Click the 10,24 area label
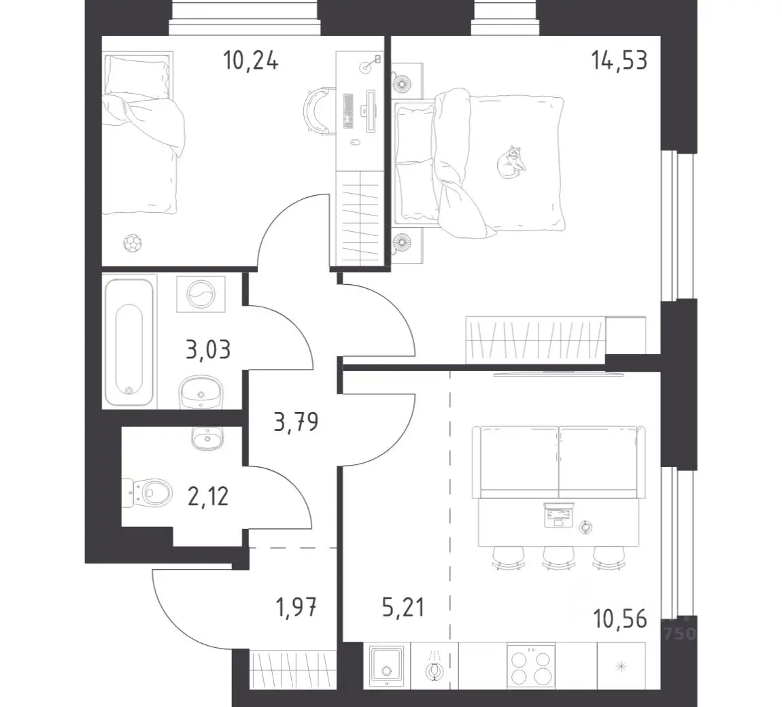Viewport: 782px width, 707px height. click(x=250, y=61)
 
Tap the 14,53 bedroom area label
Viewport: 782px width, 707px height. click(x=619, y=61)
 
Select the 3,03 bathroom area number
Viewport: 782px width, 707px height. click(x=208, y=349)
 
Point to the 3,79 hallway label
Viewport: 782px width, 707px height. click(x=296, y=422)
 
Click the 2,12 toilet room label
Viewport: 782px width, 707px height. click(x=208, y=496)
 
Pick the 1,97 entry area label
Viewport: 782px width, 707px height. click(x=296, y=607)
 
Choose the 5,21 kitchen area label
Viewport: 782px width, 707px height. click(x=403, y=607)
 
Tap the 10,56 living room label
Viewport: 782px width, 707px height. click(x=620, y=619)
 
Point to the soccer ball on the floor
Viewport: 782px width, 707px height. click(x=133, y=243)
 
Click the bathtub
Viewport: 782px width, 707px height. click(x=129, y=342)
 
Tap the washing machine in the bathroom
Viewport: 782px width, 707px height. click(x=201, y=294)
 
